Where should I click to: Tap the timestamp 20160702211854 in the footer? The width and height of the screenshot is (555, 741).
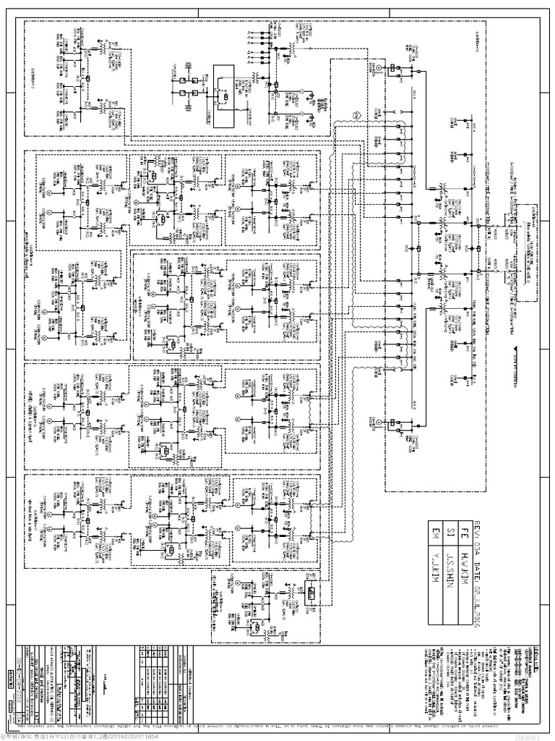[155, 736]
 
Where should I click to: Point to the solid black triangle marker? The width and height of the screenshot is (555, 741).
[515, 350]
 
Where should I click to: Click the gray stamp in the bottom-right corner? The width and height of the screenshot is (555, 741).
[541, 735]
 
